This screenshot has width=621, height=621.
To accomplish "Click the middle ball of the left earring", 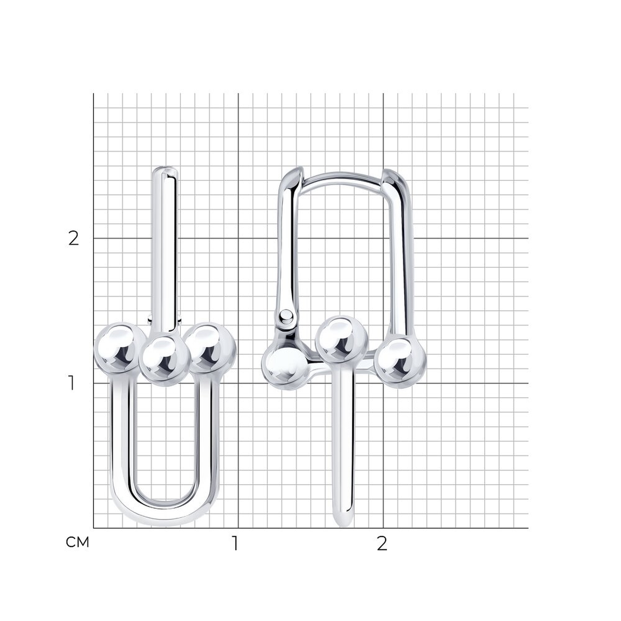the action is tap(165, 360).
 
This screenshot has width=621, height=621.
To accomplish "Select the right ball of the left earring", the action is tap(210, 348).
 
